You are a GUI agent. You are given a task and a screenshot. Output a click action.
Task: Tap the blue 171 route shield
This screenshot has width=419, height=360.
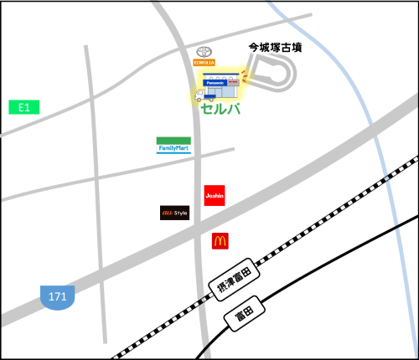point(58,296)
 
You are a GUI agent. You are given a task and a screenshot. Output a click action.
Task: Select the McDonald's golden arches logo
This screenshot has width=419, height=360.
point(220,241)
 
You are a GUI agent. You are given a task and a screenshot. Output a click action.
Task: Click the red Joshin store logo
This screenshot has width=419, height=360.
point(215,195)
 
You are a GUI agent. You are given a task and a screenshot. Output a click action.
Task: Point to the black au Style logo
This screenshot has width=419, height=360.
point(175,213)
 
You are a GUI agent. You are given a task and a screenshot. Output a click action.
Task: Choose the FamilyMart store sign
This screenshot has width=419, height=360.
point(173,145)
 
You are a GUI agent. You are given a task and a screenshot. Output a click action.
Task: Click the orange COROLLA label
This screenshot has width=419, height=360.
point(204,63)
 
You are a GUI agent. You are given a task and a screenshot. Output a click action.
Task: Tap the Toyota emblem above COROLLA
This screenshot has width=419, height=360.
point(204,51)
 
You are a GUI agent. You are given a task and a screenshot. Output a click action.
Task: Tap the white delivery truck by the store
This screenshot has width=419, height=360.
point(201,95)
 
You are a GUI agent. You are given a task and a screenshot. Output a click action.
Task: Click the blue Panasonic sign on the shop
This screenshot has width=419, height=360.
point(215,82)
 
